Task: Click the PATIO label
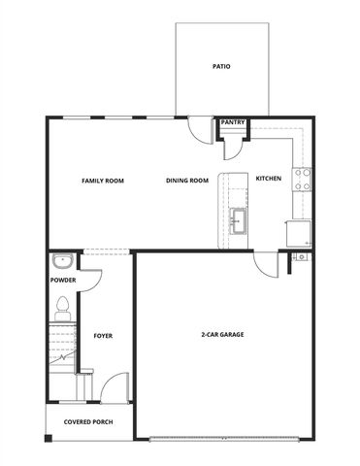(x=221, y=67)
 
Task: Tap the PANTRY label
(x=233, y=122)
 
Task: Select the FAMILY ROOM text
(x=102, y=180)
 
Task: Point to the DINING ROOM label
(x=187, y=180)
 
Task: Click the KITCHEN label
(x=269, y=179)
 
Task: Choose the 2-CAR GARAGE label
(x=222, y=334)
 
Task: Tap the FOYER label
(x=103, y=336)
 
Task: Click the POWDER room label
(x=63, y=281)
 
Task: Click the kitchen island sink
(x=237, y=222)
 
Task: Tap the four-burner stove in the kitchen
(x=304, y=179)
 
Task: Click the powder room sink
(x=61, y=261)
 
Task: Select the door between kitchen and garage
(x=267, y=263)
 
